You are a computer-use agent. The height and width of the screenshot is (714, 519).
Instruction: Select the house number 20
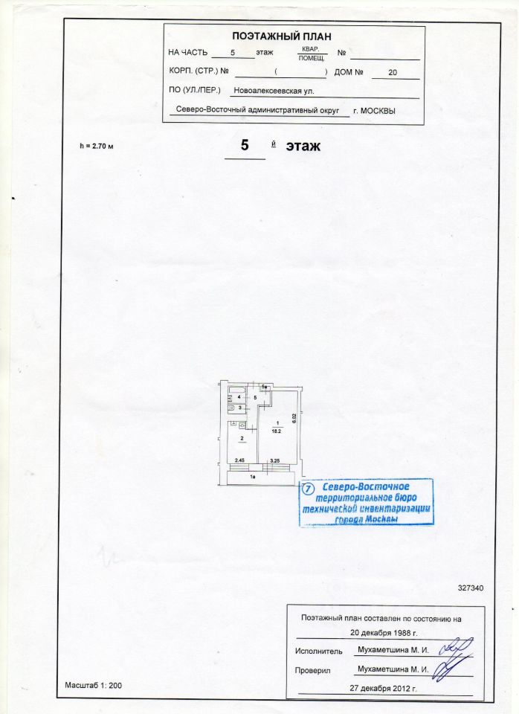[x=393, y=73]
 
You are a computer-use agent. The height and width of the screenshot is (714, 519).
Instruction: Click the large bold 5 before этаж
[x=244, y=145]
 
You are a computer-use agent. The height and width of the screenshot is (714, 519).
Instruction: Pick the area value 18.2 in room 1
[x=277, y=430]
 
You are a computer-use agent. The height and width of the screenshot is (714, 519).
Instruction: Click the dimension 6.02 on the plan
[x=294, y=418]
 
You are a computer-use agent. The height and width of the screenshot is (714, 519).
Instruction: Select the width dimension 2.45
[x=240, y=461]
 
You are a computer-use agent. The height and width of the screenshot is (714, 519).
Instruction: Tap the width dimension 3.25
[x=274, y=461]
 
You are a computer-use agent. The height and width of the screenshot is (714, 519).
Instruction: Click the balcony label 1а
[x=253, y=476]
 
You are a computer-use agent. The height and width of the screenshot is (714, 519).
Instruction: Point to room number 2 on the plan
[x=242, y=439]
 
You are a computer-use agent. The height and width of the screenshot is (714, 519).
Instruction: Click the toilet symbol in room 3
[x=232, y=408]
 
